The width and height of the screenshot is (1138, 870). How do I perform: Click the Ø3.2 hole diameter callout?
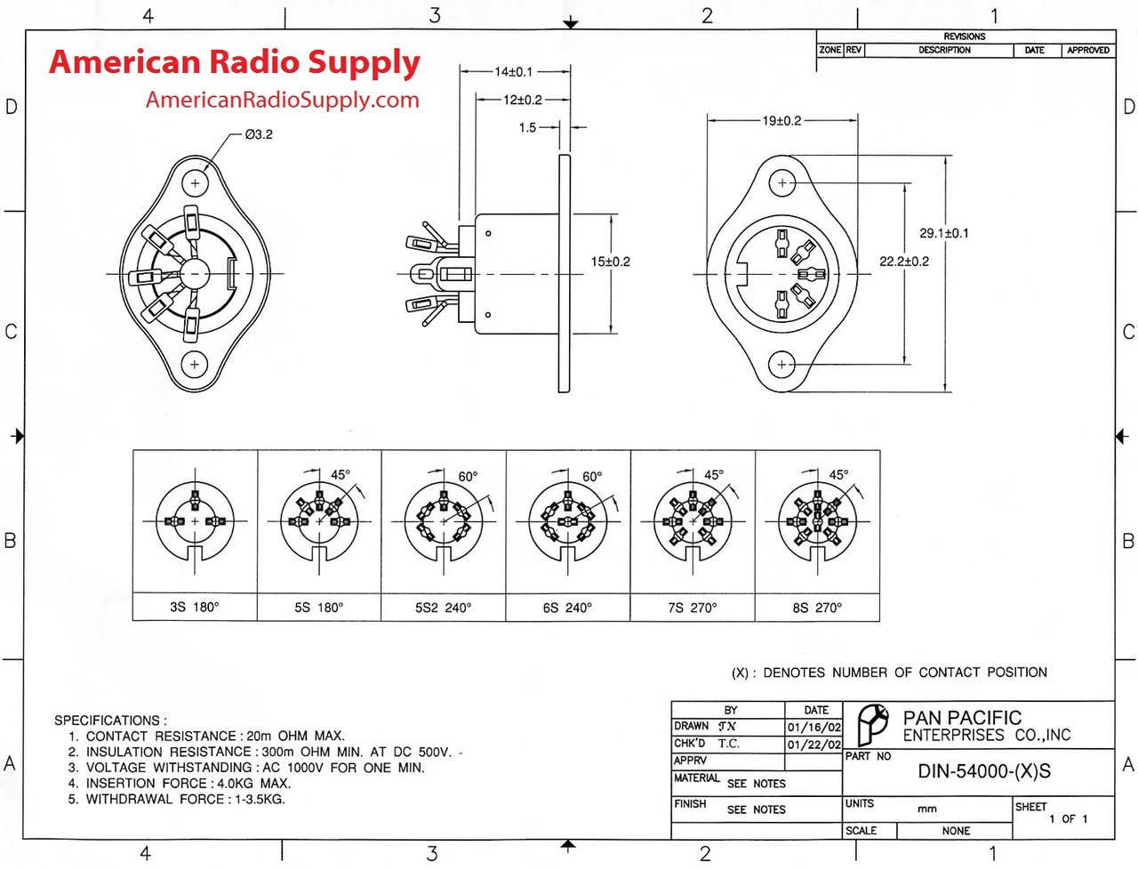point(259,134)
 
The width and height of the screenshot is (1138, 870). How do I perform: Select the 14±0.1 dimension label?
point(513,71)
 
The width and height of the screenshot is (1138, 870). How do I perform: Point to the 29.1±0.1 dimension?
point(943,233)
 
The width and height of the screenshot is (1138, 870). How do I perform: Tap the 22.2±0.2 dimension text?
point(903,261)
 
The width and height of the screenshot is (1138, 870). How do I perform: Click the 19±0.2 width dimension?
point(781,120)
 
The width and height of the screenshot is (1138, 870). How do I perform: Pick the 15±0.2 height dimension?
point(610,262)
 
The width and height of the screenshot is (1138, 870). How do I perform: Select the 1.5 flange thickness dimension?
point(527,127)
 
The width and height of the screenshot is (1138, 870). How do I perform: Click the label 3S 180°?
point(194,608)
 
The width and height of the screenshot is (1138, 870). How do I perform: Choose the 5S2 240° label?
point(443,608)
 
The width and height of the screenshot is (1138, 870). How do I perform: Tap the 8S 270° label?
point(816,608)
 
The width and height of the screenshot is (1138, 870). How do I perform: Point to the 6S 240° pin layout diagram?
point(567,521)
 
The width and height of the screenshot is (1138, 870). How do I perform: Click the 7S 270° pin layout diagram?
point(692,521)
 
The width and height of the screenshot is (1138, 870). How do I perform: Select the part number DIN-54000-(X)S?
point(983,771)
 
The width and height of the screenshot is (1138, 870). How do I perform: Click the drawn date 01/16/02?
point(813,727)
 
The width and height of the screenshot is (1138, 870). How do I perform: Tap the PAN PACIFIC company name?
point(962,717)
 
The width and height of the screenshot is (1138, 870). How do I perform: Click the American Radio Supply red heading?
point(235,62)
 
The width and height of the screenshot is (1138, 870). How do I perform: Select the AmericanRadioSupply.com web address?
point(282,100)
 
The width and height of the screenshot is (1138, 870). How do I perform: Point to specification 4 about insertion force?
point(188,783)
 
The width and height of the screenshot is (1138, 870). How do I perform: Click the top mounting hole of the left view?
point(195,183)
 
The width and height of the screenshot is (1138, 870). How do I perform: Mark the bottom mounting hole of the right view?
point(782,364)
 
